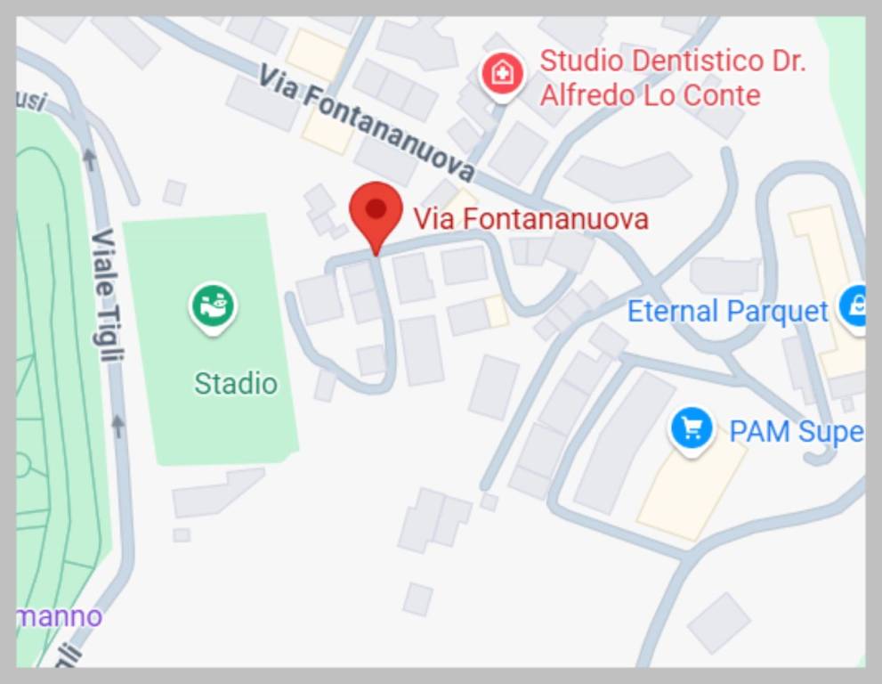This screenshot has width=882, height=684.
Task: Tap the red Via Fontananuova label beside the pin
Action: (x=530, y=219)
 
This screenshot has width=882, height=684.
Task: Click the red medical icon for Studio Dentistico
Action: (x=502, y=73)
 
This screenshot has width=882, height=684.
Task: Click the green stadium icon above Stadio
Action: (x=213, y=305)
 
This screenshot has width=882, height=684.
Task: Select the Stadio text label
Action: (x=236, y=384)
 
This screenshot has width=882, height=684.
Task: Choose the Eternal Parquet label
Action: (x=727, y=312)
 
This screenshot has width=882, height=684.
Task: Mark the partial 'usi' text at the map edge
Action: (x=32, y=101)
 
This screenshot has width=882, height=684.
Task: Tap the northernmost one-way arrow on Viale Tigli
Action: (x=89, y=159)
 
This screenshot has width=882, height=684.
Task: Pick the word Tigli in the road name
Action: (x=108, y=331)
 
